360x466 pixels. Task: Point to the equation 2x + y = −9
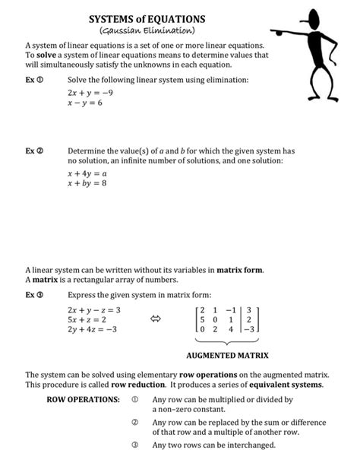point(90,92)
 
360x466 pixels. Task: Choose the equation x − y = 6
point(84,103)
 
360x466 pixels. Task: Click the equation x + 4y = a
point(87,173)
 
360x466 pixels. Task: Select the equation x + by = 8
point(87,183)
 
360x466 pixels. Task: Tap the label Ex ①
point(34,80)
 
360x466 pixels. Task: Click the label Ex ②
point(34,151)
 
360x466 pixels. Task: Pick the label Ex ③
point(34,295)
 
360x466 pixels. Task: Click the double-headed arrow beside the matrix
point(156,320)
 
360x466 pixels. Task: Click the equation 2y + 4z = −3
point(92,331)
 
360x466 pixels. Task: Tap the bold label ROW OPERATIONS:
point(81,401)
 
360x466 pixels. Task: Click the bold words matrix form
point(239,270)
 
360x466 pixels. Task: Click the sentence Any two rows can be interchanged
point(213,445)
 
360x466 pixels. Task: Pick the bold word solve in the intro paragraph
point(47,55)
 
